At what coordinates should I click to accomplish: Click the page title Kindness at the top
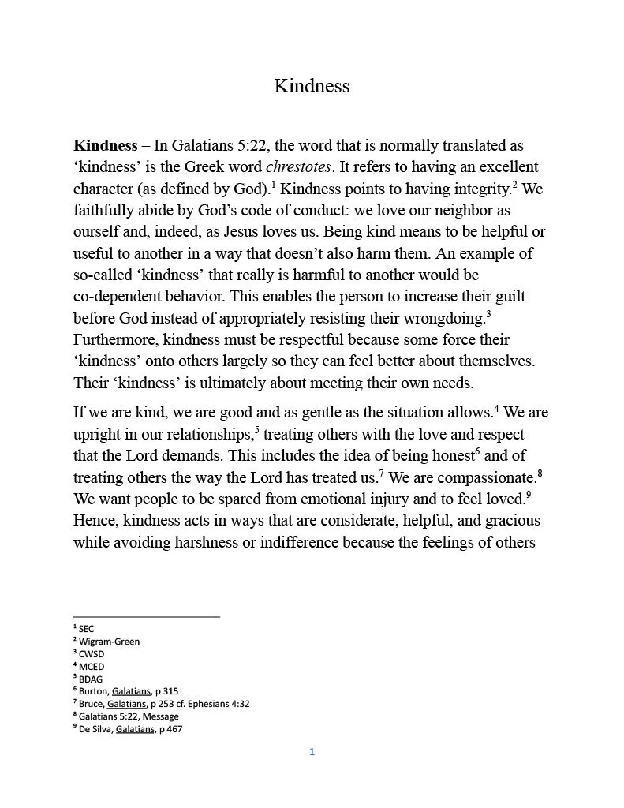(312, 86)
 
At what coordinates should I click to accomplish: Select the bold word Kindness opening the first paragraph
(105, 146)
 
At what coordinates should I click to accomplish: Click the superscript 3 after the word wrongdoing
(489, 314)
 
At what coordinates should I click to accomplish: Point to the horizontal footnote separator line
(146, 616)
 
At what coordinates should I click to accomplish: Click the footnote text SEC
(86, 629)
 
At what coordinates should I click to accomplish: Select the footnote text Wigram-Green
(109, 642)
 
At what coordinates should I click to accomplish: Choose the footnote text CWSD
(91, 654)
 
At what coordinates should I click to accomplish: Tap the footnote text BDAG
(91, 679)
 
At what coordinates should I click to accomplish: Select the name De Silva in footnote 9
(95, 729)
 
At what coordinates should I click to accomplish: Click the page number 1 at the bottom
(312, 752)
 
